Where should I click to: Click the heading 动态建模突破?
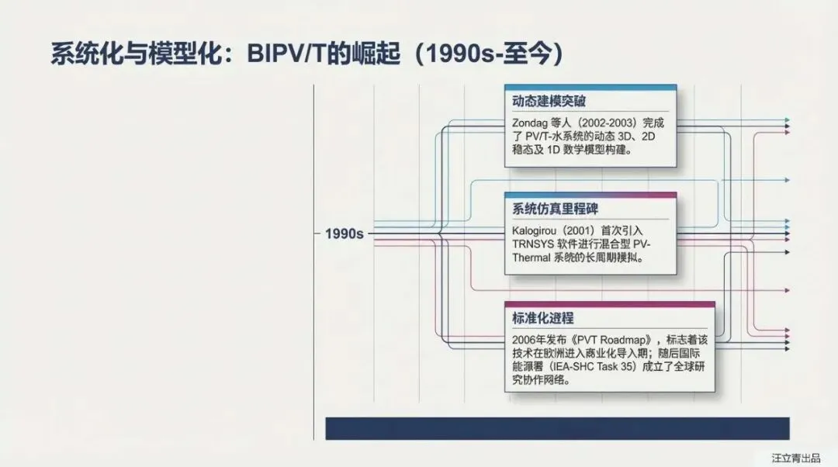click(x=549, y=102)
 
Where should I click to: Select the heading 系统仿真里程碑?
click(x=555, y=209)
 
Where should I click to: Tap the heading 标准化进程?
click(x=543, y=318)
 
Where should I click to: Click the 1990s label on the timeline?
click(x=345, y=233)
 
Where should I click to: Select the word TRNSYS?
click(x=534, y=244)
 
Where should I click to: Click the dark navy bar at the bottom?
click(x=557, y=428)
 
